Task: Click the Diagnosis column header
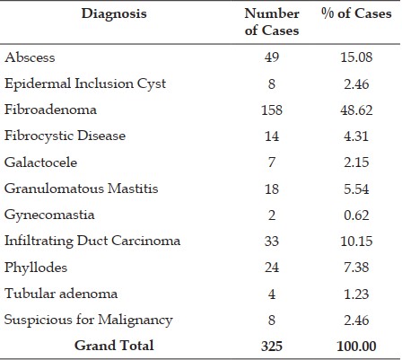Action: [x=114, y=14]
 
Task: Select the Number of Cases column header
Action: [x=272, y=22]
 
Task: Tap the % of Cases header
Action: [x=356, y=13]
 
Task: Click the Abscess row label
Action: [x=30, y=57]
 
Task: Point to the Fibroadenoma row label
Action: [x=50, y=110]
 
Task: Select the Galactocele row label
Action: [x=40, y=162]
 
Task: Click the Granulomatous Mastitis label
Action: [x=81, y=189]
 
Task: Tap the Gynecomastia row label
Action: [x=49, y=215]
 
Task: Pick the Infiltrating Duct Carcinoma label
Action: [x=92, y=241]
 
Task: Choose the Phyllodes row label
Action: [x=36, y=268]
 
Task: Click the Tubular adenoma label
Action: [x=61, y=294]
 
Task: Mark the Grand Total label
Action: [x=114, y=346]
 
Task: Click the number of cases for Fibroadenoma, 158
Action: [x=272, y=110]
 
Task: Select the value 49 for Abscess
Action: [x=272, y=57]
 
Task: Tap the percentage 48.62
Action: [x=356, y=110]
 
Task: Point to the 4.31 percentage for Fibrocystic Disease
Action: [x=356, y=136]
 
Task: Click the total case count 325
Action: [x=272, y=346]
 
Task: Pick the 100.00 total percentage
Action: [x=356, y=347]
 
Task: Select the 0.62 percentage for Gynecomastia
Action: [x=356, y=215]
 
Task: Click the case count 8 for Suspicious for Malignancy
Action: [x=272, y=320]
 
